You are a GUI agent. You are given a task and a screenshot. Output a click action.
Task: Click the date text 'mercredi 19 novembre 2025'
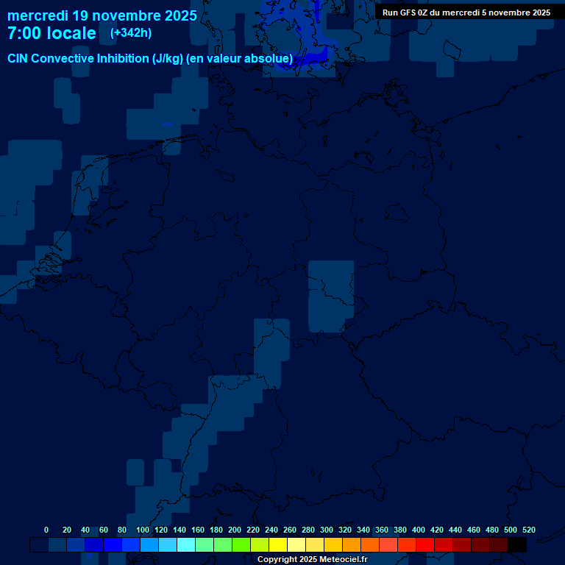point(102,15)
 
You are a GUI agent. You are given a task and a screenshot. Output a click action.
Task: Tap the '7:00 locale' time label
point(51,34)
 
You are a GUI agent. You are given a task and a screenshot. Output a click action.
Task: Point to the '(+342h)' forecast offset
point(132,33)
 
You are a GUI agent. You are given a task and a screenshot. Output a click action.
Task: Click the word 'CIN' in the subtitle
point(18,59)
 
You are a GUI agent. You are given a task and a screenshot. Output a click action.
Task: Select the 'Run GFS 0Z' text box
point(466,13)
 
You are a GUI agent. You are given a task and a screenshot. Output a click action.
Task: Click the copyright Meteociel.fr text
point(312,560)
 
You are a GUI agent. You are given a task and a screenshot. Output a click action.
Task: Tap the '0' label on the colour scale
point(46,530)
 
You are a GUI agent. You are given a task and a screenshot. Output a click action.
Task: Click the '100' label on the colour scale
point(143,530)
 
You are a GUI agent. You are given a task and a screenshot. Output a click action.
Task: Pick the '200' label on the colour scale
point(235,530)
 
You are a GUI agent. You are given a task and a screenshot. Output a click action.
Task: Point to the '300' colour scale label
point(327,530)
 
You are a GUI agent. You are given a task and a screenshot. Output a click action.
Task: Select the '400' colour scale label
point(419,530)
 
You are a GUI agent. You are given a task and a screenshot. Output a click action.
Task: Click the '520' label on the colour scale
point(528,530)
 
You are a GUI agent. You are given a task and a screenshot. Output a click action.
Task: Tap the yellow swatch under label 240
point(278,545)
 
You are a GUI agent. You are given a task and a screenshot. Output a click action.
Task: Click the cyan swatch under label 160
point(205,545)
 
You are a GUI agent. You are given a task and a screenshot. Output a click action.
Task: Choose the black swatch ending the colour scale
point(517,545)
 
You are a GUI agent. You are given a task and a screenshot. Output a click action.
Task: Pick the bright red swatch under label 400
point(425,545)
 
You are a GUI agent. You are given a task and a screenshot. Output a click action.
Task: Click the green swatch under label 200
point(241,545)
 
